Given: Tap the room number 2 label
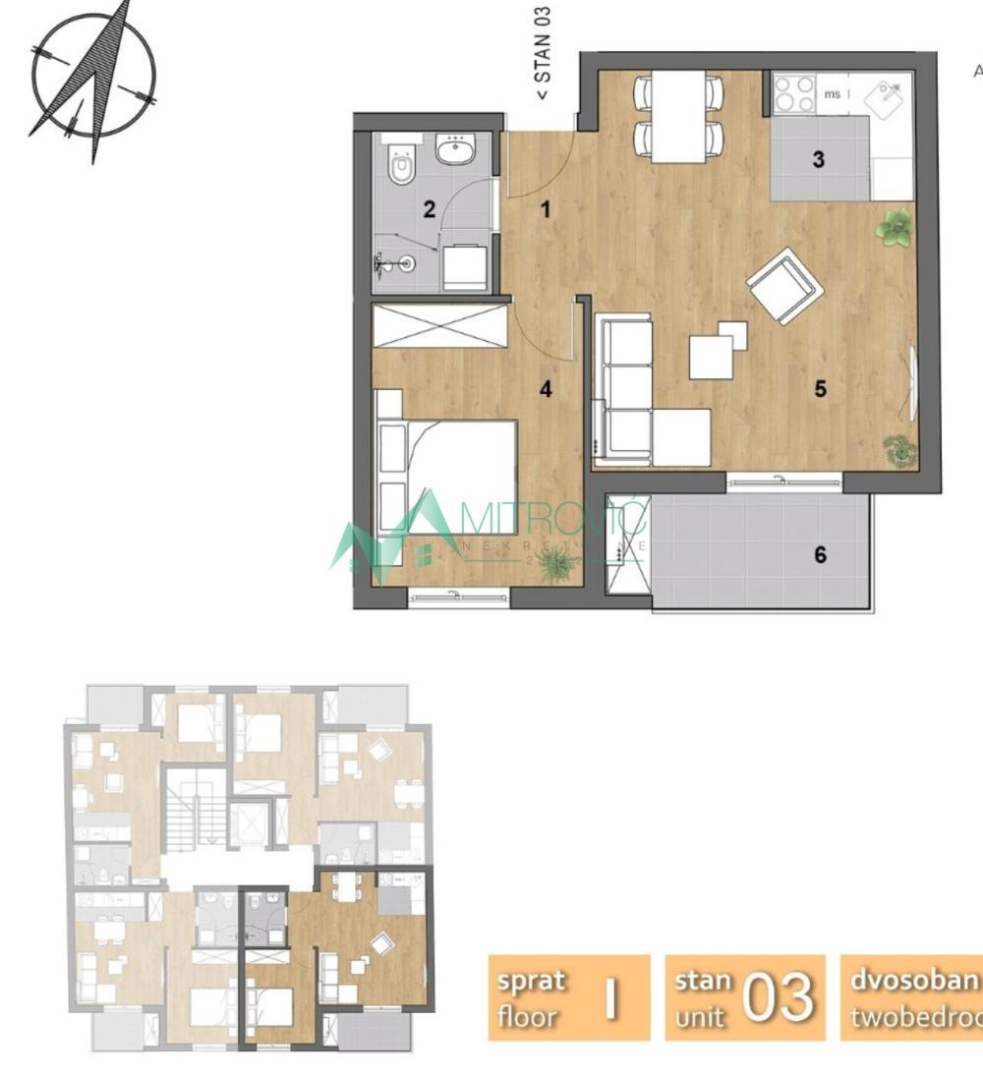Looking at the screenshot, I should click(428, 208).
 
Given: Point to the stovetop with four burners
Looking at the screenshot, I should click(793, 94).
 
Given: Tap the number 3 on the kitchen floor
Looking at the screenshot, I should click(818, 159).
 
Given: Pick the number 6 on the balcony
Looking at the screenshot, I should click(820, 555).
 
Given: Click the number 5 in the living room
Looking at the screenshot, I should click(820, 389).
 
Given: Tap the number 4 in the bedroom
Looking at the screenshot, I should click(546, 389).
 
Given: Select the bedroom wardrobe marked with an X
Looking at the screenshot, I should click(438, 326).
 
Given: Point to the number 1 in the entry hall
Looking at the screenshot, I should click(546, 208).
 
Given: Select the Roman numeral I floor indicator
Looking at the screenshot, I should click(611, 998).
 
